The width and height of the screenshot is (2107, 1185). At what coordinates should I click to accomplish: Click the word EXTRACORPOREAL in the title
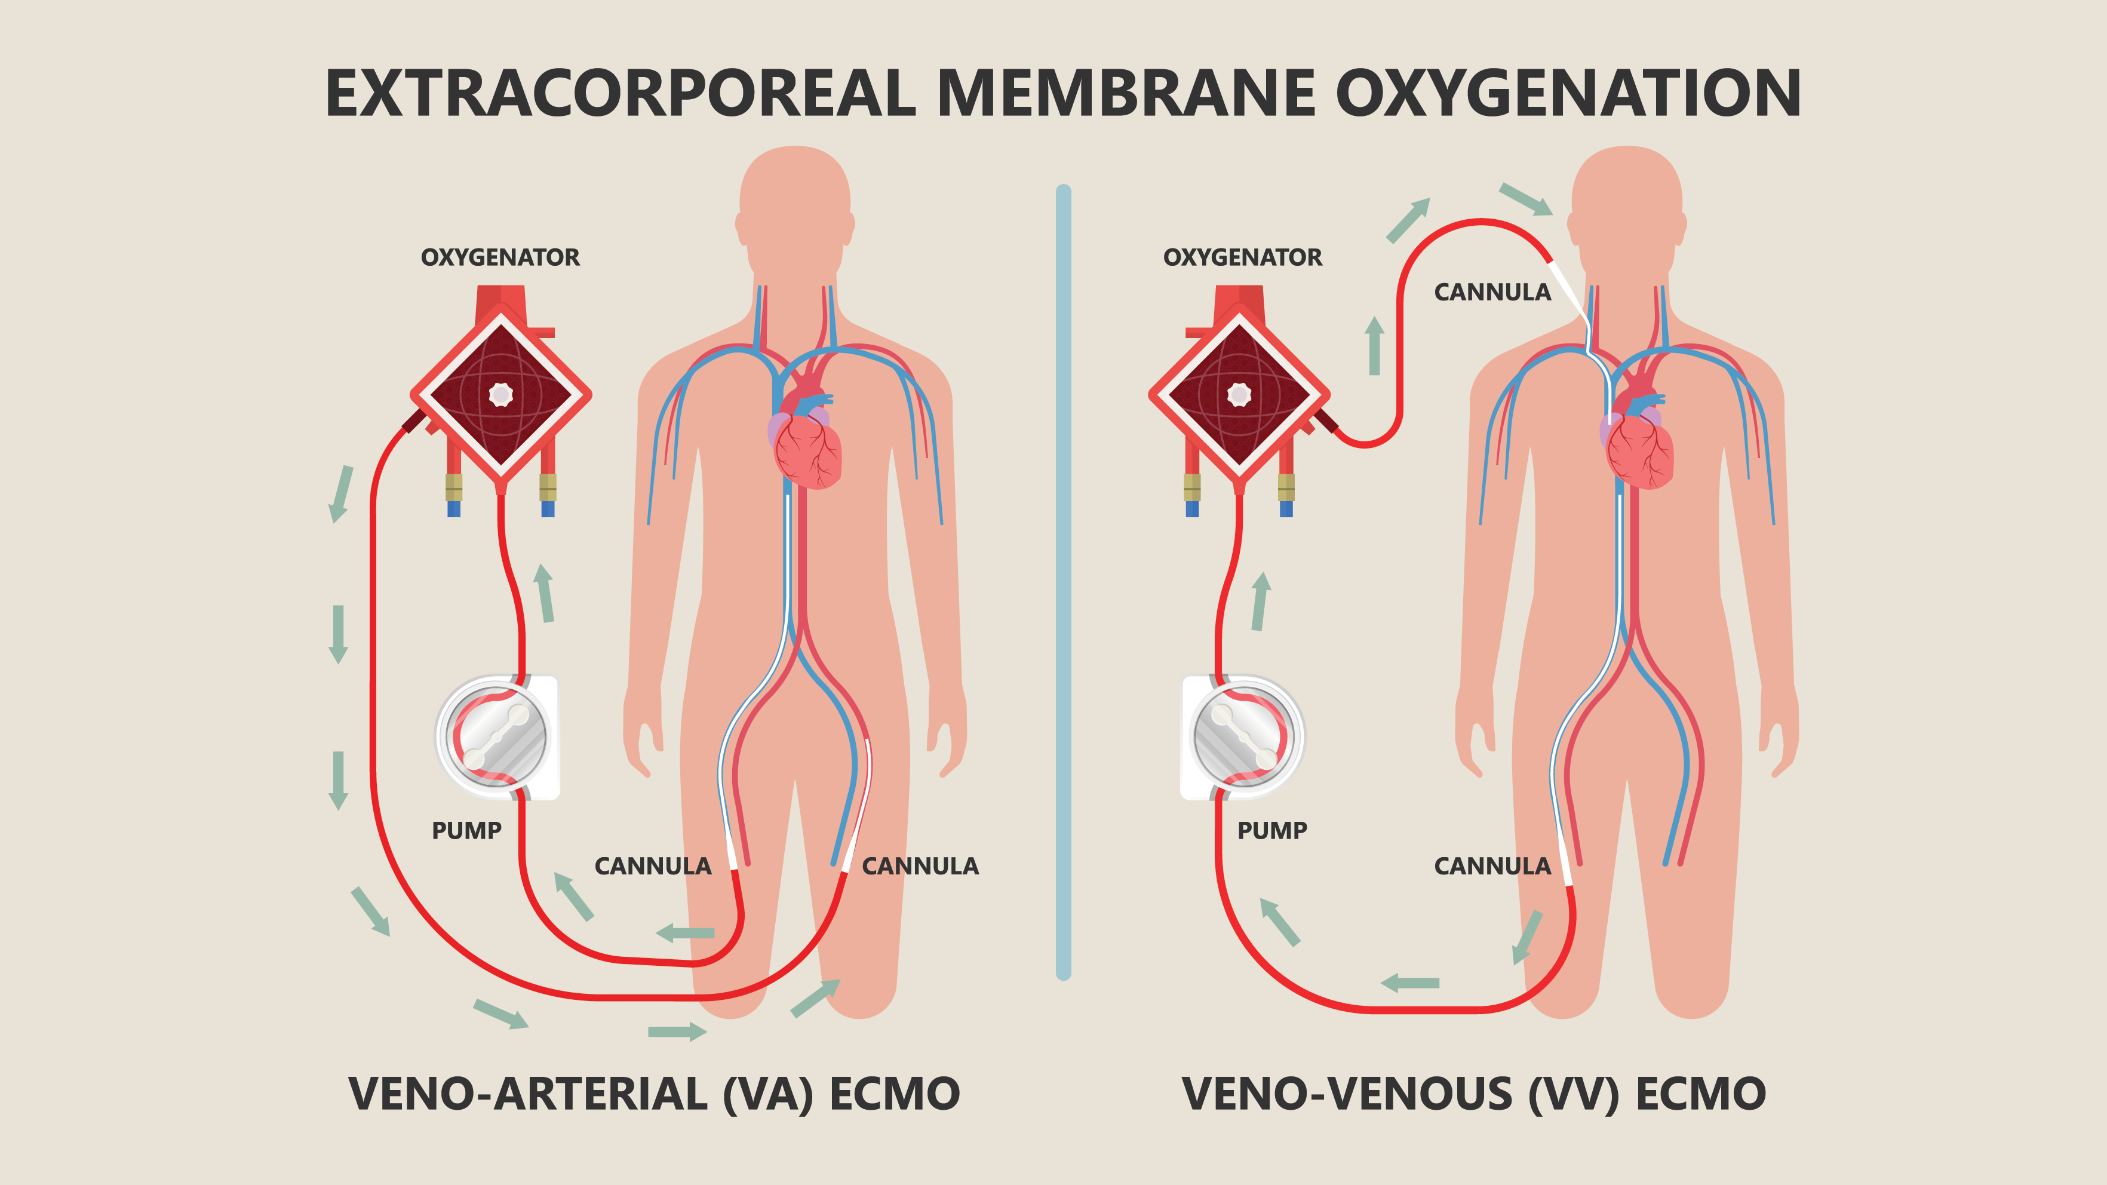(x=620, y=93)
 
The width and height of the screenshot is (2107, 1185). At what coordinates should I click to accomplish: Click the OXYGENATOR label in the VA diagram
(x=500, y=257)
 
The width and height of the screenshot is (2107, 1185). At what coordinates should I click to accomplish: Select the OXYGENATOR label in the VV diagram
(x=1242, y=257)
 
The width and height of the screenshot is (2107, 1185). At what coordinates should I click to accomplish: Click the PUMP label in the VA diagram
(x=466, y=831)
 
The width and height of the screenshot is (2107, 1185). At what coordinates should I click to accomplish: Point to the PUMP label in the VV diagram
(x=1272, y=831)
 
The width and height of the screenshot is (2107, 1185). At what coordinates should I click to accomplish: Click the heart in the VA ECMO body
(x=806, y=445)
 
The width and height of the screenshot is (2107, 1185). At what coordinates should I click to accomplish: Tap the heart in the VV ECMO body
(x=1638, y=445)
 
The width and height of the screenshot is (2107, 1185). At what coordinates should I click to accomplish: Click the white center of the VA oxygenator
(x=500, y=395)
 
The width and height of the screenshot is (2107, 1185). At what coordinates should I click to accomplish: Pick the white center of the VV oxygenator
(x=1239, y=395)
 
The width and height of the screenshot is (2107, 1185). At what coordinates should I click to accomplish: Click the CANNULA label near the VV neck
(x=1492, y=292)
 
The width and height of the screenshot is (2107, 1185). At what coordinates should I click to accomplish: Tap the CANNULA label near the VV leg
(x=1492, y=866)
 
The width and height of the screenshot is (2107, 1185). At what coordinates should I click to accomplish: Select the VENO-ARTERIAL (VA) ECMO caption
(x=655, y=1094)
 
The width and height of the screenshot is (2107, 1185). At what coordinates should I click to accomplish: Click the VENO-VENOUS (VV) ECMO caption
(x=1474, y=1094)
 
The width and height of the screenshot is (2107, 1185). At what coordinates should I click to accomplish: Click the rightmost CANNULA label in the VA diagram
(x=920, y=866)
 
